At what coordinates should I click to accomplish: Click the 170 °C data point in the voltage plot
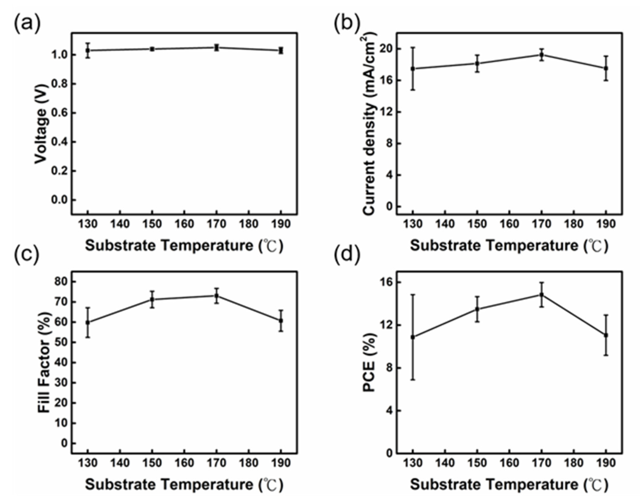pos(217,47)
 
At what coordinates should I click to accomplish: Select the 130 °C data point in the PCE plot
pos(413,337)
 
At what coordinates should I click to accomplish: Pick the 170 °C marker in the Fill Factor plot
pos(217,296)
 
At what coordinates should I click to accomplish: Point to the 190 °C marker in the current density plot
pos(606,68)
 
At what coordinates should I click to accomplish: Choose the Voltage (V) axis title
pos(41,124)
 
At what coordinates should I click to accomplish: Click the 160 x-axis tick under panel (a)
pos(184,224)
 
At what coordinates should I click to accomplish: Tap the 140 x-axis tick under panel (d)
pos(445,463)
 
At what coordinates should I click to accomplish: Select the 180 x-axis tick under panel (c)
pos(249,463)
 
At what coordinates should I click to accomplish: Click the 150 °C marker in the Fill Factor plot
pos(152,299)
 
